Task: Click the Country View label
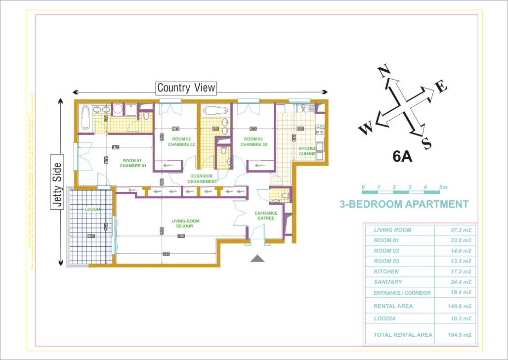click(x=186, y=88)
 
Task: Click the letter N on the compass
click(x=383, y=72)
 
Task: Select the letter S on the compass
click(x=426, y=144)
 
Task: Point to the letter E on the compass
click(x=441, y=88)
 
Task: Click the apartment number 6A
click(x=402, y=157)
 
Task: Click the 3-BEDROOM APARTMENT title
click(x=404, y=204)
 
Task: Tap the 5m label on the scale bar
click(x=443, y=187)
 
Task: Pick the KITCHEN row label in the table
click(x=386, y=271)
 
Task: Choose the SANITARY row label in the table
click(x=387, y=282)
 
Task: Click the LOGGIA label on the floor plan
click(x=92, y=209)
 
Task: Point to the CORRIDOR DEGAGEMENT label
click(x=202, y=179)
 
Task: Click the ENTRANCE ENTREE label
click(x=266, y=216)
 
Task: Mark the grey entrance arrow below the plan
click(x=257, y=258)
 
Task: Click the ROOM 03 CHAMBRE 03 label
click(x=254, y=142)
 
